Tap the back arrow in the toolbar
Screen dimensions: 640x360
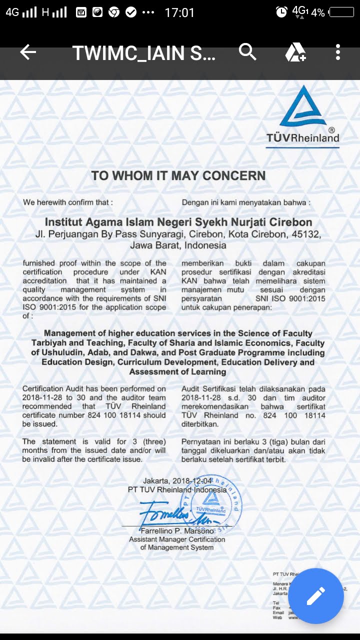[x=28, y=52]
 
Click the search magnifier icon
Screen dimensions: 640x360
[x=247, y=52]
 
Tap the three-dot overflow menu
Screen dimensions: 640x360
[x=338, y=52]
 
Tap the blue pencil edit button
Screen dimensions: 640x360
[x=315, y=595]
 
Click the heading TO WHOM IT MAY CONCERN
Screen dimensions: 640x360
[x=178, y=175]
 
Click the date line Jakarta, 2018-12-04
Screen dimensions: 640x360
[x=177, y=481]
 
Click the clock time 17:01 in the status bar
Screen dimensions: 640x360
[x=179, y=12]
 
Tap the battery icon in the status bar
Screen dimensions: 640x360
[x=341, y=12]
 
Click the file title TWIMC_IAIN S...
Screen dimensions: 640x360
[x=144, y=52]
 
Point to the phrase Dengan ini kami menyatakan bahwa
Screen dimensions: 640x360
[x=246, y=202]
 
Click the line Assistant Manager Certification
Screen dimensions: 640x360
[x=177, y=539]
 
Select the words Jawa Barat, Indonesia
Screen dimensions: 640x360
[x=178, y=245]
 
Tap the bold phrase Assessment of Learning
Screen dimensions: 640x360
[x=177, y=371]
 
